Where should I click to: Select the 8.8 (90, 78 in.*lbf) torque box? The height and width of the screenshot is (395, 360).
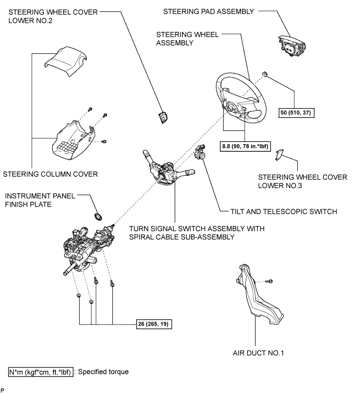(x=245, y=146)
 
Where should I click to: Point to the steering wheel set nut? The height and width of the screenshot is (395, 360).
(x=265, y=74)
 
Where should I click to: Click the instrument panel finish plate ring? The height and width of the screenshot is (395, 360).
(x=98, y=217)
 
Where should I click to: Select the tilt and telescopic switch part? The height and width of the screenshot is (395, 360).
(x=200, y=152)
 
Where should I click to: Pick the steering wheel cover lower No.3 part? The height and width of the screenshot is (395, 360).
(x=279, y=154)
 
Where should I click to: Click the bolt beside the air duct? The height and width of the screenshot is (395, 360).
(x=269, y=281)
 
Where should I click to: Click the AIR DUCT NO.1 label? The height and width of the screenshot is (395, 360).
(x=258, y=353)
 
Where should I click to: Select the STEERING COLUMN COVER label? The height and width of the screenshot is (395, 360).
(x=51, y=174)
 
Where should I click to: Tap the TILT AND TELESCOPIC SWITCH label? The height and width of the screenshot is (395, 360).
(x=284, y=211)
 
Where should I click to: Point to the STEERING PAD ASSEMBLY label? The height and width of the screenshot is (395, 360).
(x=209, y=11)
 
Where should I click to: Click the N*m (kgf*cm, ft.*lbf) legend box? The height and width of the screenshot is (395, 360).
(x=41, y=372)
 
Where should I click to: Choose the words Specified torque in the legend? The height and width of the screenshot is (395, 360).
(x=103, y=372)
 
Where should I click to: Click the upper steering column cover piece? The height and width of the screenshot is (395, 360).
(x=66, y=61)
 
